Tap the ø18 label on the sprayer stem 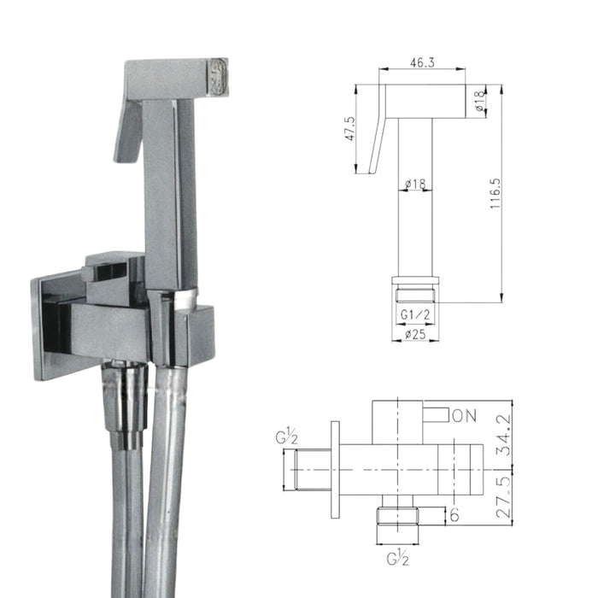[416, 184]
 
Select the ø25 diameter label [416, 333]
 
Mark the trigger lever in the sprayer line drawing [376, 145]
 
